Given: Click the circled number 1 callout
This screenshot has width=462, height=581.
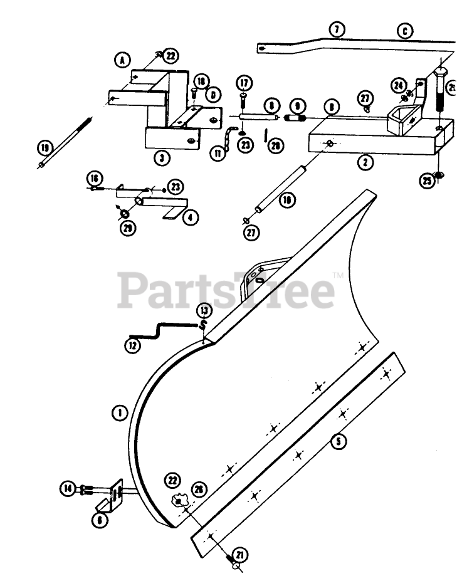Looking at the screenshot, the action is coord(118,412).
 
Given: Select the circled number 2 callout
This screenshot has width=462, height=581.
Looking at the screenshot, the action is coord(365,162).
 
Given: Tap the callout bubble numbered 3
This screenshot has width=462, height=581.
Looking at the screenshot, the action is coord(162,157).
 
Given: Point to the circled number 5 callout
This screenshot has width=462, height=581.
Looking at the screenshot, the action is coord(339,441).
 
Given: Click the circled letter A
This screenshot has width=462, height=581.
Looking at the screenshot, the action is coord(122,60).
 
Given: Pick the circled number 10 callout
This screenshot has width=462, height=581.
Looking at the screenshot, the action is coord(287,201).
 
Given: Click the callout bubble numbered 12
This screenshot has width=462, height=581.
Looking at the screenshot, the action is coord(132,345).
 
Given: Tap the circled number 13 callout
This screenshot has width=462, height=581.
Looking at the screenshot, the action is coord(204,310).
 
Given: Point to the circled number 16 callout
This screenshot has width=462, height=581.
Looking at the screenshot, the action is coord(93,177).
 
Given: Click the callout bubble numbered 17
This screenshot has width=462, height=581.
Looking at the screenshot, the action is coord(243,83).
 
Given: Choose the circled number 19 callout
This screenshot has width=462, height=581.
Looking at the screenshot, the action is coord(45,148).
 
